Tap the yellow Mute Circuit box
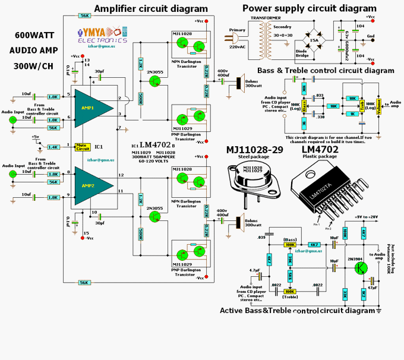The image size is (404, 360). click(x=83, y=146)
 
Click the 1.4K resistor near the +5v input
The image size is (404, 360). click(x=52, y=146)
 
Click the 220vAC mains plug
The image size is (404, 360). click(x=229, y=37)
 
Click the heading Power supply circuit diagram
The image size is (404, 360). click(x=309, y=8)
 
